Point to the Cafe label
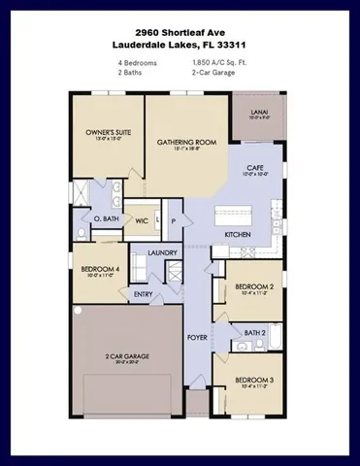[255, 169]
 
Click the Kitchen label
[239, 235]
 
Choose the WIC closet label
[141, 220]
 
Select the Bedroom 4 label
[100, 269]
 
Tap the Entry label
[144, 294]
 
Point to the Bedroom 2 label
[254, 287]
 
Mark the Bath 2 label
[255, 332]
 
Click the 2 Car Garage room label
[127, 356]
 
